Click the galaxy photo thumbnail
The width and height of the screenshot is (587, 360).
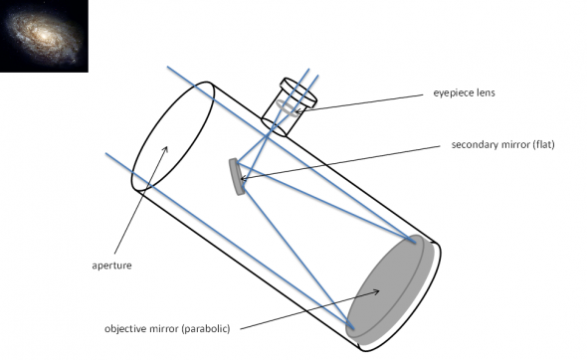coord(44,36)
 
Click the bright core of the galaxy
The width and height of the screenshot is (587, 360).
coord(43,37)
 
